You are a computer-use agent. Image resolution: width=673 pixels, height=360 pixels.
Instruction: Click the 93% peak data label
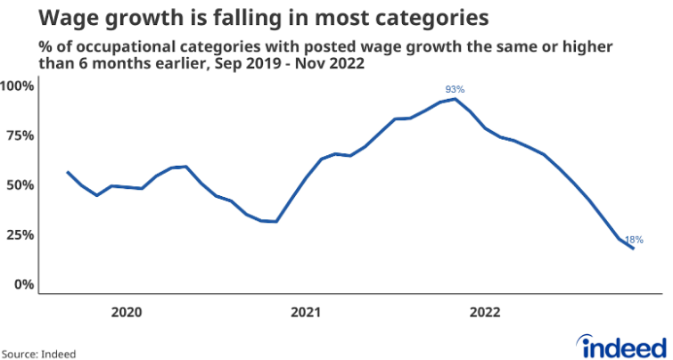456,89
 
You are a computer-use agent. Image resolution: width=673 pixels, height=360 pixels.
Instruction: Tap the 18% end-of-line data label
634,240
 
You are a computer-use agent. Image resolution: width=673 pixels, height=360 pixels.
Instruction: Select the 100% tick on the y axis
17,86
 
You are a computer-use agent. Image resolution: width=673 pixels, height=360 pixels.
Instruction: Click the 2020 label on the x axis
127,313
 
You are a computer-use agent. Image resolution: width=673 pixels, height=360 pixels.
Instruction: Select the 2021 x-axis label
306,313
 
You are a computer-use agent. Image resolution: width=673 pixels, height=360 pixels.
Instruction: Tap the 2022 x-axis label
485,313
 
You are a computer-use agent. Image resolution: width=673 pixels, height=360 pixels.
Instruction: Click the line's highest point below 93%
456,99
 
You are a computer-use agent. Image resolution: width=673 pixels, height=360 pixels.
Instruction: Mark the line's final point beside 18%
633,249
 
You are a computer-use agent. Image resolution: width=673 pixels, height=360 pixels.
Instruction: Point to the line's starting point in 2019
68,172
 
